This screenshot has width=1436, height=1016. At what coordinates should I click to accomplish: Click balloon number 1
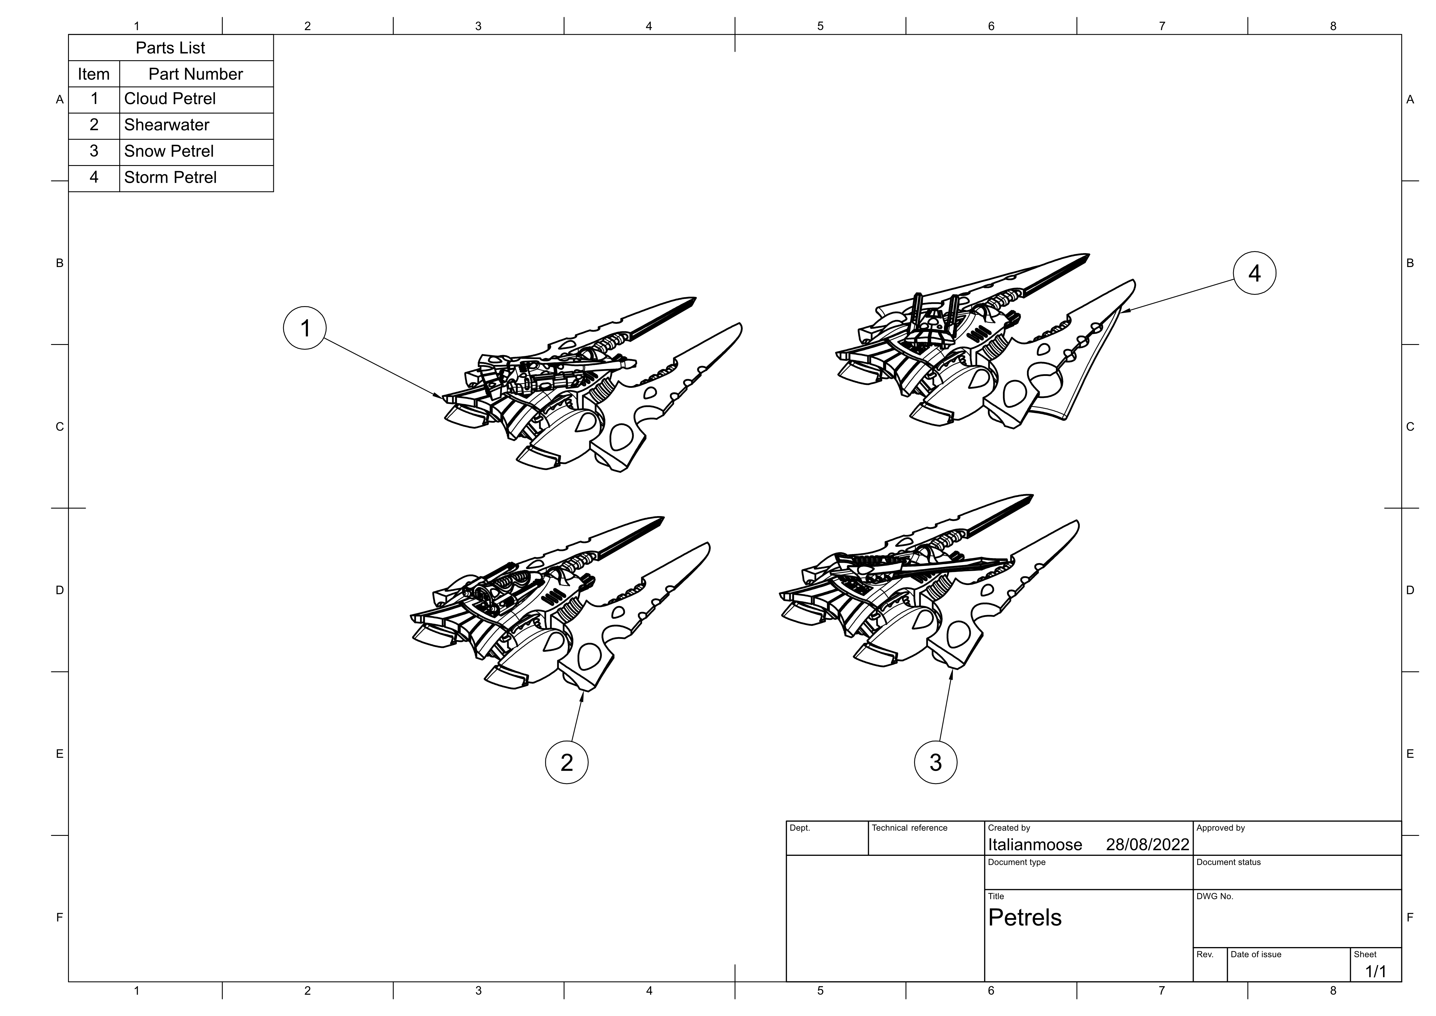(305, 328)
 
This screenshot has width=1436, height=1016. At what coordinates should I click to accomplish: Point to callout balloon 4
(1255, 273)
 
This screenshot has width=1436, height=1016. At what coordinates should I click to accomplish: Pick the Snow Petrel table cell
(169, 151)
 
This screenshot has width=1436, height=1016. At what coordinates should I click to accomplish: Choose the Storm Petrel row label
(170, 178)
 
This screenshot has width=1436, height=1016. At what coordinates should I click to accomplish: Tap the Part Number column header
(196, 74)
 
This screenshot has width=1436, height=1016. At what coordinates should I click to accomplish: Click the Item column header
(94, 74)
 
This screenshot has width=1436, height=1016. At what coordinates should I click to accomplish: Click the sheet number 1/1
(1376, 972)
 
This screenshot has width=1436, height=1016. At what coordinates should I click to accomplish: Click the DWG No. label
(1215, 896)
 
